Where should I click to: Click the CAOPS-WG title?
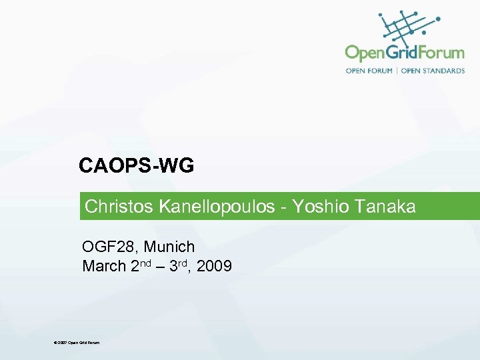(136, 165)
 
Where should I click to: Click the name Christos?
(119, 207)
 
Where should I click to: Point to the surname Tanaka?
(385, 207)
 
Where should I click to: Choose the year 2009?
(215, 267)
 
